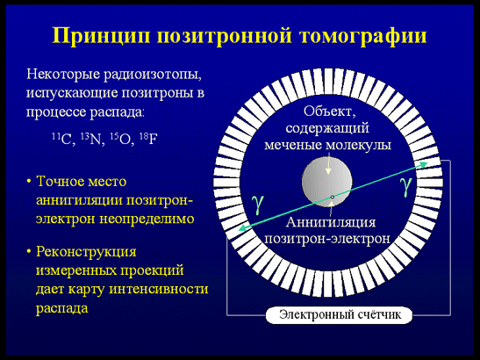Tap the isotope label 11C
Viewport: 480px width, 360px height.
point(62,140)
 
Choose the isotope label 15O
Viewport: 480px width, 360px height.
point(121,140)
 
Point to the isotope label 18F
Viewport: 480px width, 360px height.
point(148,139)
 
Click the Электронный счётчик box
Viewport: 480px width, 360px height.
point(339,315)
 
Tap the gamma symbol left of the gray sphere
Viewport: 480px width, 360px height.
point(258,204)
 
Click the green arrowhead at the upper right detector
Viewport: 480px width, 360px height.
point(424,165)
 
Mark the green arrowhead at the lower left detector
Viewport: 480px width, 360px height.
point(242,228)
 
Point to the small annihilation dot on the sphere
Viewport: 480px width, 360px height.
point(333,197)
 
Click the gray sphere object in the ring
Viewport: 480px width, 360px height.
point(327,182)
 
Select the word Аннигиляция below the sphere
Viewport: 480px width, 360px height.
point(331,222)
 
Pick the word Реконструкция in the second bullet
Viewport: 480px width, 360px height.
point(86,252)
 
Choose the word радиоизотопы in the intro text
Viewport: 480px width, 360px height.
point(153,75)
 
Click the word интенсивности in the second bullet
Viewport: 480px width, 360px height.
point(159,289)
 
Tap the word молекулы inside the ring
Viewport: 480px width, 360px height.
point(358,145)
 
